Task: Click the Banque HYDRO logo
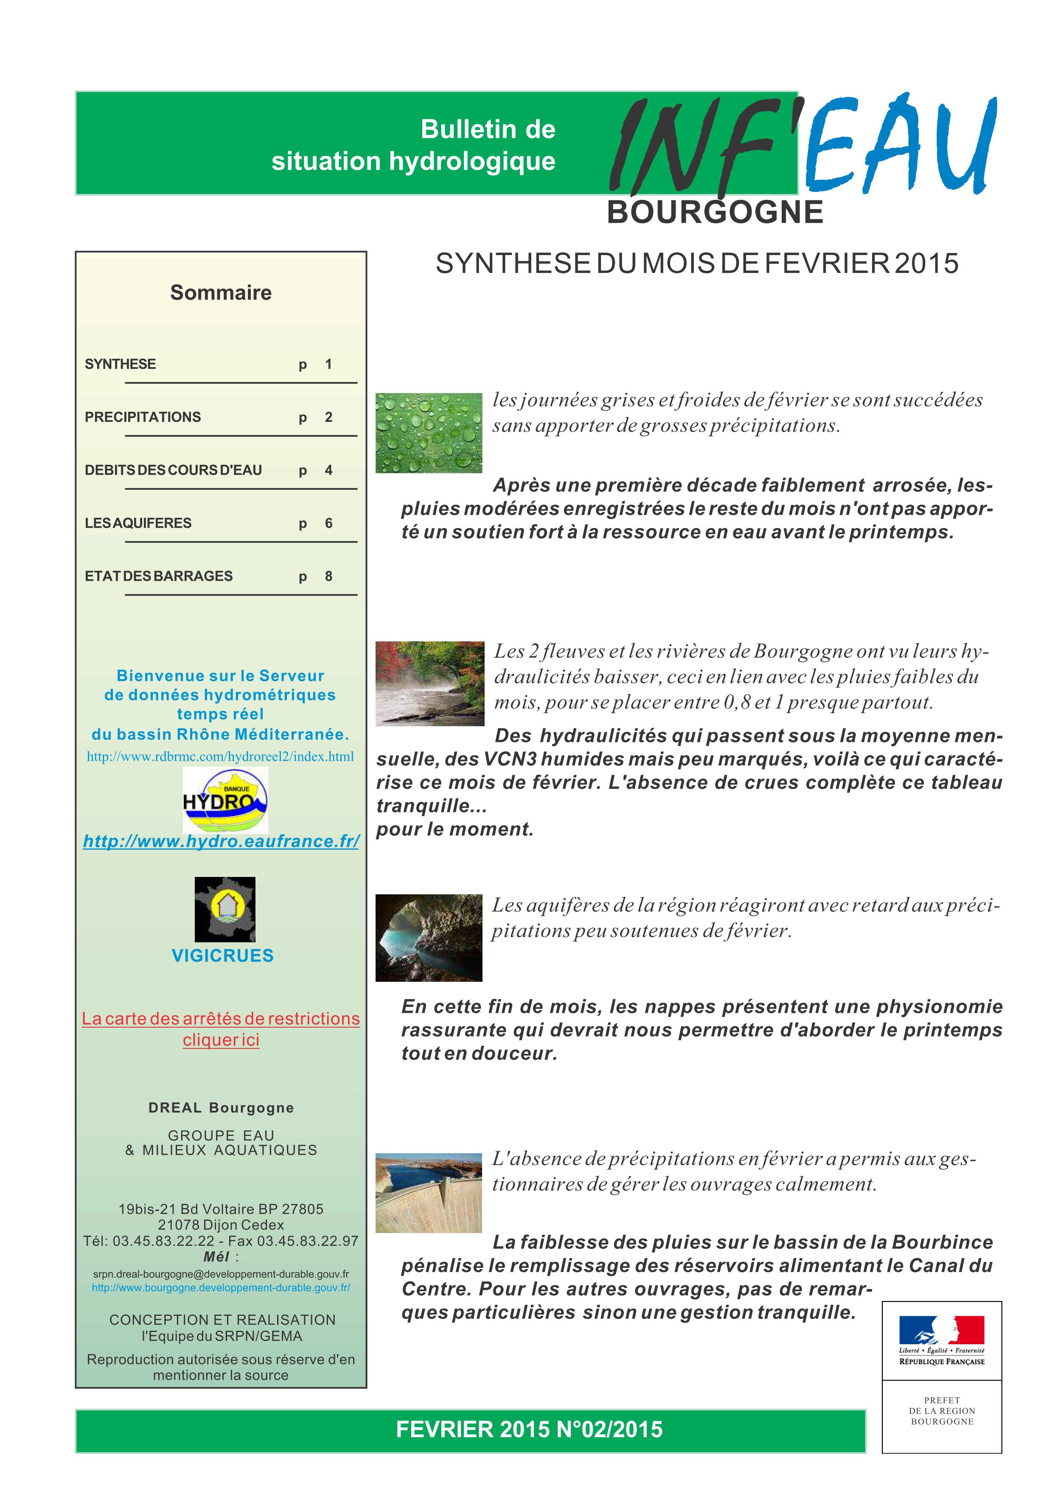point(225,800)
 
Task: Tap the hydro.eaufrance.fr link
point(221,841)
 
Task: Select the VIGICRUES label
point(222,955)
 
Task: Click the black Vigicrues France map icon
point(225,909)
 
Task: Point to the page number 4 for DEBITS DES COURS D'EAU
point(328,470)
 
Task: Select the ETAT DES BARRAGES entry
point(158,576)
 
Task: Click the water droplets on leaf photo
point(429,433)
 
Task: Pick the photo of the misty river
point(430,683)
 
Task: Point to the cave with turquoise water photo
point(429,938)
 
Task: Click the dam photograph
point(429,1193)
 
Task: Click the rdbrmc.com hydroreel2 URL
point(220,757)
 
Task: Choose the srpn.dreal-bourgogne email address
point(221,1274)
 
